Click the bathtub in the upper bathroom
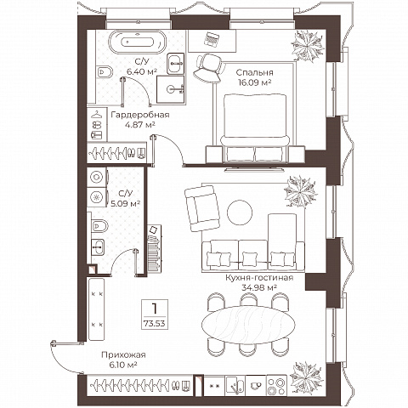(x=137, y=42)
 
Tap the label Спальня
(x=255, y=72)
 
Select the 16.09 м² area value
(x=255, y=82)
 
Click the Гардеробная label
(x=140, y=115)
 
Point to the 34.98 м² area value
(x=259, y=288)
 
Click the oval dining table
(x=248, y=325)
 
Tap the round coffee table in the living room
(x=240, y=212)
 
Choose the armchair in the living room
(x=202, y=208)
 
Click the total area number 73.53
(x=155, y=323)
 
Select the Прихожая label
(x=123, y=354)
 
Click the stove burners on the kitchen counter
(x=276, y=386)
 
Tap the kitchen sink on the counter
(x=235, y=386)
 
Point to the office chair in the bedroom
(x=207, y=68)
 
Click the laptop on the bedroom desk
(x=212, y=39)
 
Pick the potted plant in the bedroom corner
(x=308, y=46)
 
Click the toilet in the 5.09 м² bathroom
(x=99, y=225)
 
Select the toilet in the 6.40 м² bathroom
(x=104, y=72)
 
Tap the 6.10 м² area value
(x=123, y=365)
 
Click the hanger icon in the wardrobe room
(x=97, y=114)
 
